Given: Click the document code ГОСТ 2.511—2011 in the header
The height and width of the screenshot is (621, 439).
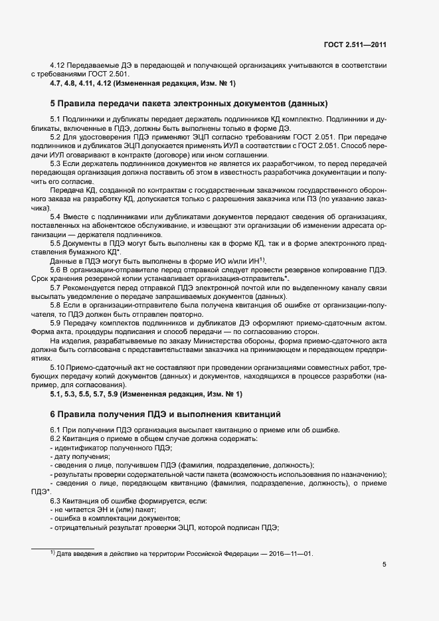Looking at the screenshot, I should pyautogui.click(x=354, y=45).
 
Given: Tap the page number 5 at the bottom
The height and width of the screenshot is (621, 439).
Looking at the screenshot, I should pyautogui.click(x=385, y=565).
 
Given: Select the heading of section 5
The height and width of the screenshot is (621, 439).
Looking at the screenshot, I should pyautogui.click(x=189, y=104).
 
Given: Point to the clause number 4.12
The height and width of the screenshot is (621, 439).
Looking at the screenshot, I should pyautogui.click(x=58, y=66).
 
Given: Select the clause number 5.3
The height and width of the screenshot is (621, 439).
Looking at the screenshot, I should pyautogui.click(x=56, y=163).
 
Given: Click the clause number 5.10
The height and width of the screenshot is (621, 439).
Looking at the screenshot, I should pyautogui.click(x=58, y=367).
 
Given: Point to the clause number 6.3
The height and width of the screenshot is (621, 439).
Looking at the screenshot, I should pyautogui.click(x=56, y=499).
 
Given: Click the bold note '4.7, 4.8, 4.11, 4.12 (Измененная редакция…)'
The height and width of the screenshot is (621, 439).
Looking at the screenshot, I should pyautogui.click(x=143, y=84).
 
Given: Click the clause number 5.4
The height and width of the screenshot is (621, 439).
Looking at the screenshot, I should pyautogui.click(x=56, y=217).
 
